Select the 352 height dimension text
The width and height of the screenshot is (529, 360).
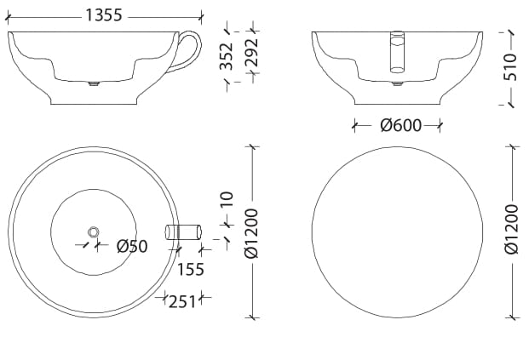pyautogui.click(x=227, y=56)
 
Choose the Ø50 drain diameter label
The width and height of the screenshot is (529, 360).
pyautogui.click(x=132, y=246)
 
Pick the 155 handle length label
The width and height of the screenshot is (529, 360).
pyautogui.click(x=191, y=269)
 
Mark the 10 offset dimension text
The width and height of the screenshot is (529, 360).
pyautogui.click(x=227, y=200)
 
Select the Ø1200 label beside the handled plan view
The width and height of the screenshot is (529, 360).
pyautogui.click(x=250, y=231)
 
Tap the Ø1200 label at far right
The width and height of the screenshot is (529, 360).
pyautogui.click(x=511, y=230)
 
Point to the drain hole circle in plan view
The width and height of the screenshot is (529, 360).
pyautogui.click(x=93, y=231)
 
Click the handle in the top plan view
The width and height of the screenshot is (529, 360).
pyautogui.click(x=185, y=231)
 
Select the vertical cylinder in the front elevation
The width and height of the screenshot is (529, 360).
pyautogui.click(x=397, y=51)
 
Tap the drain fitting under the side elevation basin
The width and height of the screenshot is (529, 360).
pyautogui.click(x=94, y=84)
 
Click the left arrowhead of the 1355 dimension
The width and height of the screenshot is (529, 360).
pyautogui.click(x=9, y=16)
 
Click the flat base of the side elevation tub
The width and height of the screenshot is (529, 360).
pyautogui.click(x=94, y=104)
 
